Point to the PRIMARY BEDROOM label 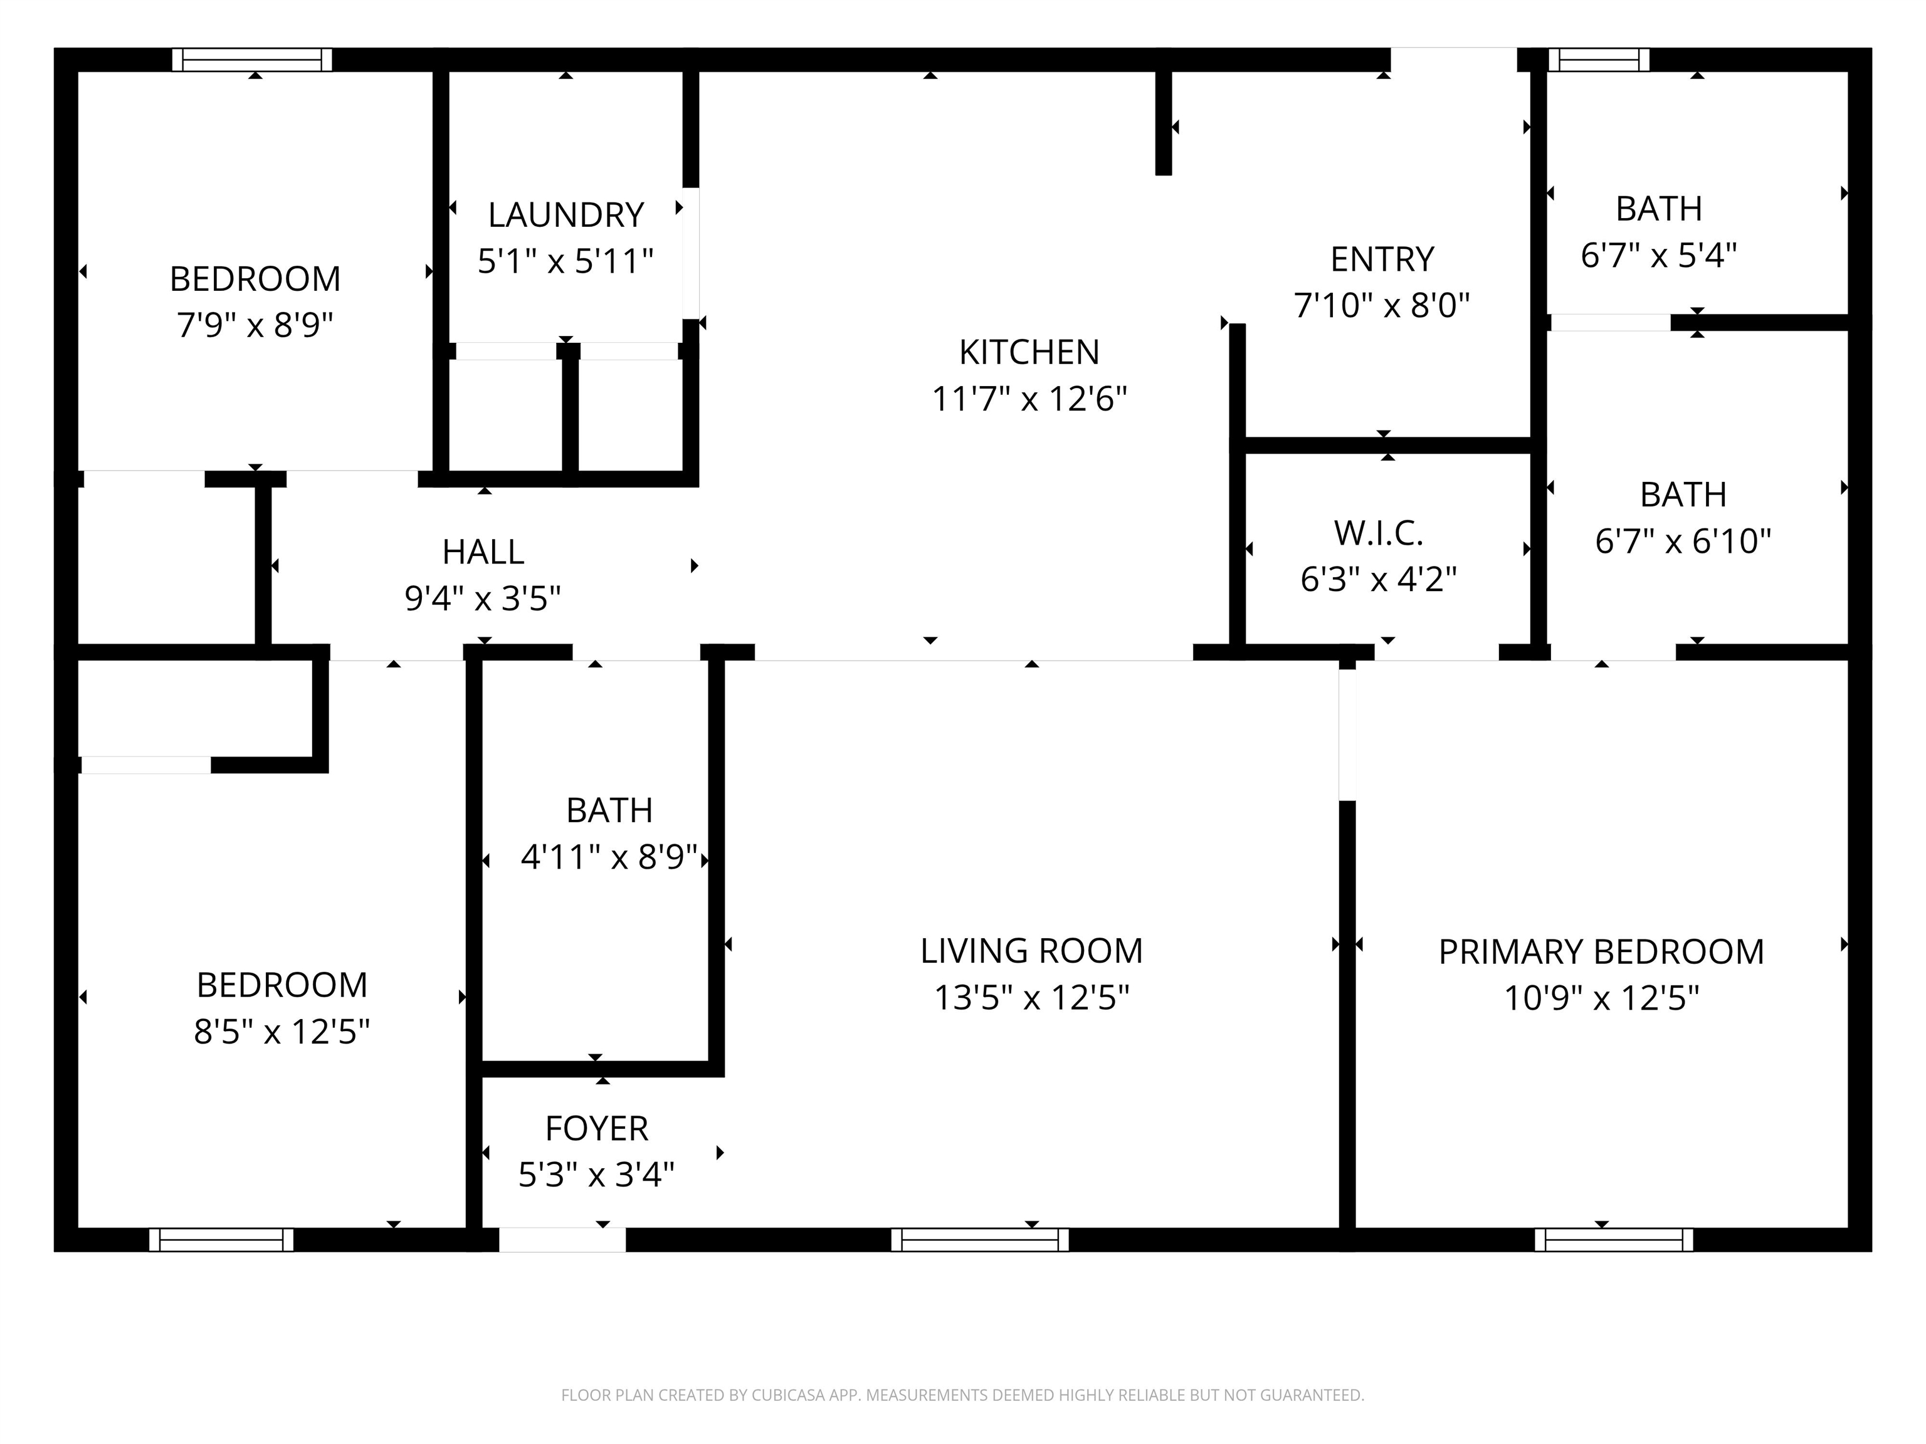coord(1601,951)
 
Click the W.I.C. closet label coord(1377,533)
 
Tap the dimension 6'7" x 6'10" coord(1682,541)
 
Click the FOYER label coord(596,1128)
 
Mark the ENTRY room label coord(1382,259)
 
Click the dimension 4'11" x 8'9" coord(609,857)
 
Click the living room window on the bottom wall coord(979,1240)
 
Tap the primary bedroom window coord(1613,1240)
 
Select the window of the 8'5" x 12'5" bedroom coord(221,1240)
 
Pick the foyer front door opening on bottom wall coord(562,1240)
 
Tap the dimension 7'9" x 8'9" coord(255,325)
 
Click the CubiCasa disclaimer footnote coord(962,1395)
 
